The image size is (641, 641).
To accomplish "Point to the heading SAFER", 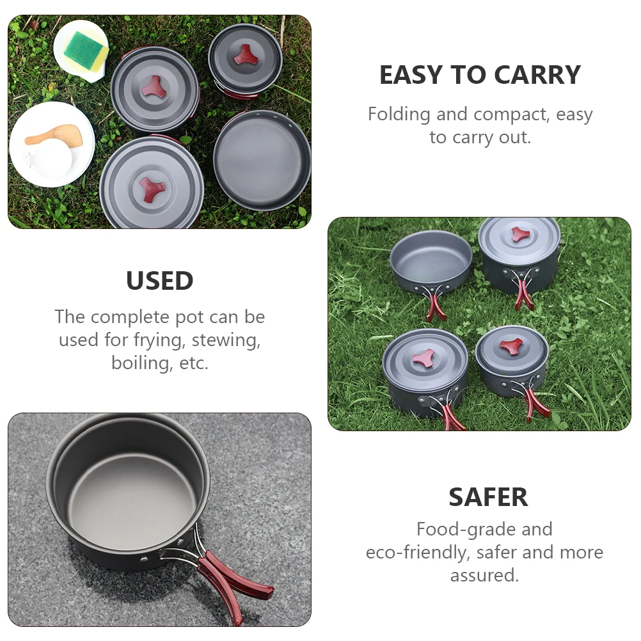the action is (488, 497).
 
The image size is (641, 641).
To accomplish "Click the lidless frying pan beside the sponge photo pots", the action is (262, 160).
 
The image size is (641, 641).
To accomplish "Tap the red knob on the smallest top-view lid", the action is (246, 55).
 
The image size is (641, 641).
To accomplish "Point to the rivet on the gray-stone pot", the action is (143, 558).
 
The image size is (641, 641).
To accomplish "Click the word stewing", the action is (226, 340).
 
